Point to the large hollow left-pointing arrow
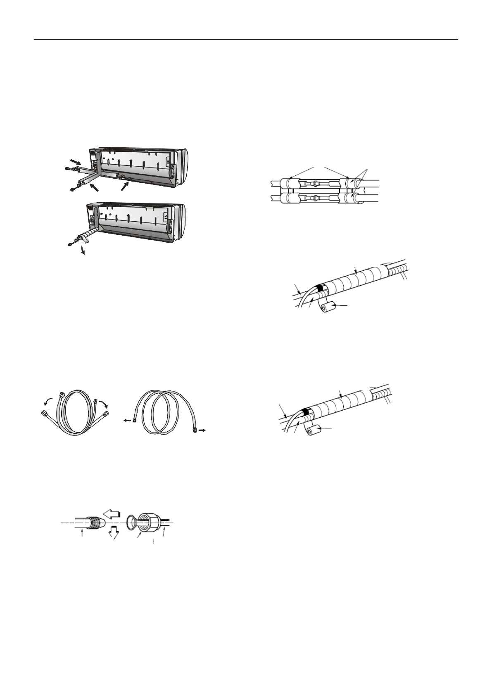111,513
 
